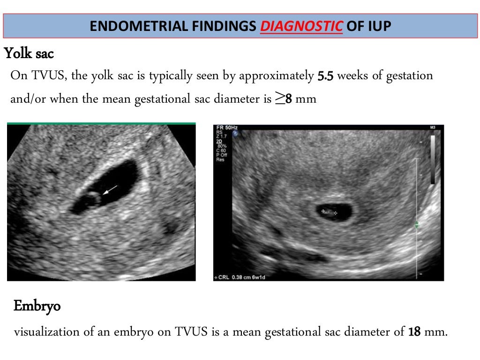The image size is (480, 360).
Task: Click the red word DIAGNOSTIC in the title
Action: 301,26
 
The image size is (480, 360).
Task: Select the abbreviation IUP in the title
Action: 378,26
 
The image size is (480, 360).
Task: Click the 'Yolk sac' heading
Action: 29,54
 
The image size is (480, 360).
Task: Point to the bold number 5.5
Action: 326,76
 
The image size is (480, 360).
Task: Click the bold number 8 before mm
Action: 289,99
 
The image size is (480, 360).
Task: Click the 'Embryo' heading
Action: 37,307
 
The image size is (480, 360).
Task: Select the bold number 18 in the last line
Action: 414,332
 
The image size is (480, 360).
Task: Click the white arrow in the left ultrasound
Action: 111,189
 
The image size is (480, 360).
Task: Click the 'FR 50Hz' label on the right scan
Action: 226,127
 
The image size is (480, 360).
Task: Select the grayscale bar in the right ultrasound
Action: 432,159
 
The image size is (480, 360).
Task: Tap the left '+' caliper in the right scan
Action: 322,211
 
